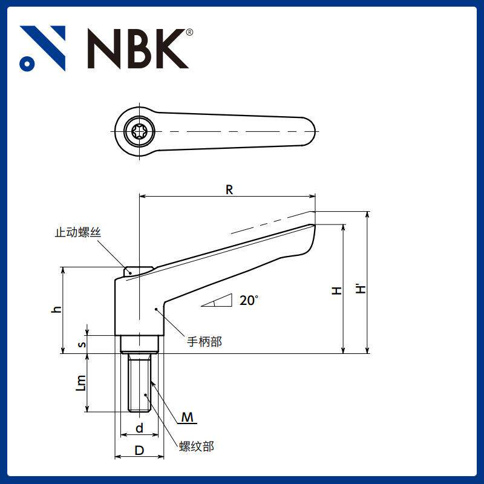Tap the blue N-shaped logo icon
(x=42, y=48)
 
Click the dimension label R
(x=229, y=189)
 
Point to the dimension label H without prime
(x=337, y=290)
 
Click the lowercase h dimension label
(x=56, y=309)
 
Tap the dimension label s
(x=83, y=344)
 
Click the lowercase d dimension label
(x=139, y=428)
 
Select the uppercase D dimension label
(x=139, y=451)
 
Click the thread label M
(x=188, y=417)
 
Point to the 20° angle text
(x=249, y=300)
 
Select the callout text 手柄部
(x=204, y=342)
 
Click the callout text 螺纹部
(x=197, y=446)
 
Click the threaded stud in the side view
(x=139, y=382)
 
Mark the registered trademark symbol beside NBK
(x=189, y=32)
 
